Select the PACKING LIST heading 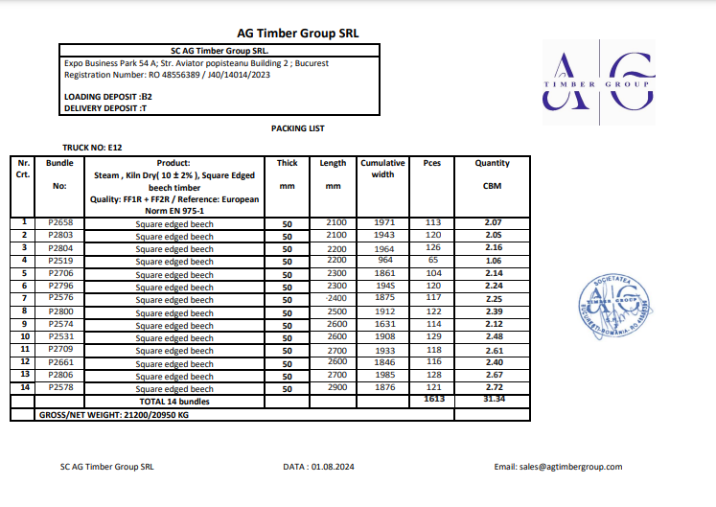coord(298,127)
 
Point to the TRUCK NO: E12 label coord(92,148)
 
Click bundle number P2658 coord(60,222)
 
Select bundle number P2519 coord(60,260)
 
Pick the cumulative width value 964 coord(383,260)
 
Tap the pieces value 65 coord(432,260)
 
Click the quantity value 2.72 coord(494,389)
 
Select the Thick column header coord(287,164)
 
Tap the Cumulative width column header coord(383,169)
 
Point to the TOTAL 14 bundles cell coord(174,402)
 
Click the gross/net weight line coord(113,415)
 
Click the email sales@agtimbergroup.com coord(558,467)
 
